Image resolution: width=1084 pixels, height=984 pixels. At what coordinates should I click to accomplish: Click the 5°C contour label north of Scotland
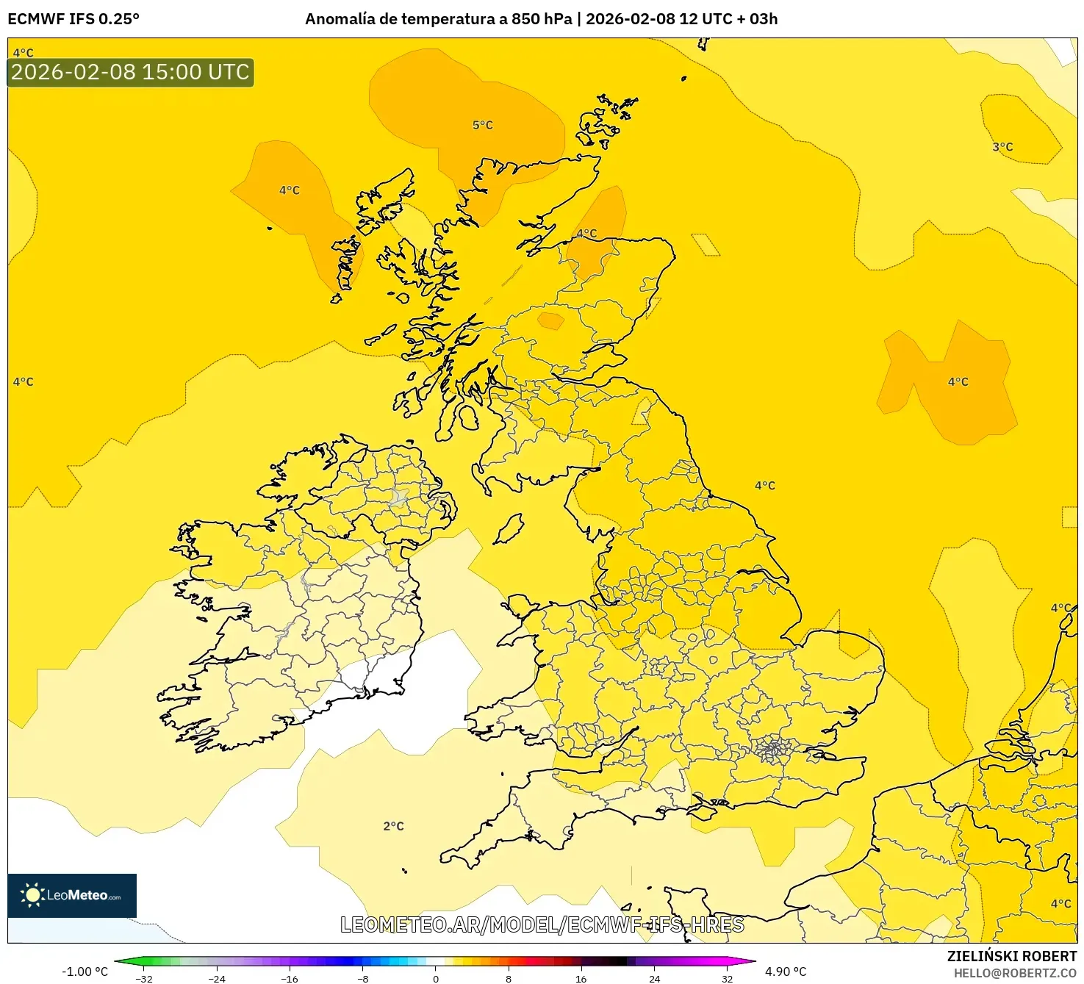point(482,126)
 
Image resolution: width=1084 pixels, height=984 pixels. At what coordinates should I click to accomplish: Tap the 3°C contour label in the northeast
point(1002,147)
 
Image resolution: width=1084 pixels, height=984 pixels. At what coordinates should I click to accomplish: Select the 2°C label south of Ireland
point(393,826)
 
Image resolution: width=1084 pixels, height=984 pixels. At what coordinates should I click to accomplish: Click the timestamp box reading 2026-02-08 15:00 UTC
point(131,72)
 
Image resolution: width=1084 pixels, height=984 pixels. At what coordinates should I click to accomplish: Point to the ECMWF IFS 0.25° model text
point(73,19)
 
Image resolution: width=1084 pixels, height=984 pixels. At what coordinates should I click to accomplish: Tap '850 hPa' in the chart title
point(542,19)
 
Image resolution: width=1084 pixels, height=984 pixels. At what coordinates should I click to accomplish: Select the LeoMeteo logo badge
point(72,895)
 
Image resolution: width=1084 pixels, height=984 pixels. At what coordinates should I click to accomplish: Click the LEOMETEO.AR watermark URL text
point(542,924)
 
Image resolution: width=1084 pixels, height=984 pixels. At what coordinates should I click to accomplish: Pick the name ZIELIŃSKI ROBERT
point(1011,956)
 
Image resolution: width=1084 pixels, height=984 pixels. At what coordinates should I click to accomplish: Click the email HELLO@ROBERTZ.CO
point(1015,973)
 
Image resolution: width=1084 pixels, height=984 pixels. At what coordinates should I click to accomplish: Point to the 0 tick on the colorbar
point(436,978)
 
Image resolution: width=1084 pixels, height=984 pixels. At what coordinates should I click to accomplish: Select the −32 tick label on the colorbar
point(144,978)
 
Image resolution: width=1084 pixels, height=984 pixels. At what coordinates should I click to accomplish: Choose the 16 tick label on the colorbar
point(581,978)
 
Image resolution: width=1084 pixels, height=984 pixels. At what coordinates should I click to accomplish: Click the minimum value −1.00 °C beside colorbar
point(85,972)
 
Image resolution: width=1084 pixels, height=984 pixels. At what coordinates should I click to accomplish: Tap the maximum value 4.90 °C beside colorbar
point(786,972)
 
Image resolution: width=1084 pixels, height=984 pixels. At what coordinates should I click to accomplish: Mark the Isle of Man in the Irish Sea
point(509,529)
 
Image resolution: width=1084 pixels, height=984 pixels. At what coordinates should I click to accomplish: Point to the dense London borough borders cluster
point(772,751)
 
